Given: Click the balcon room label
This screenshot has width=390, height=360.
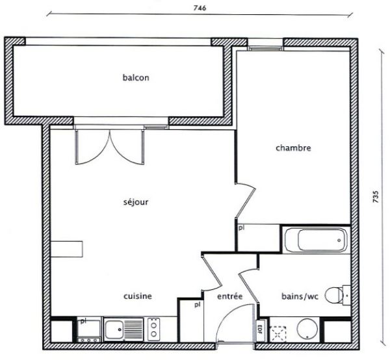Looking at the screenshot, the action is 136,77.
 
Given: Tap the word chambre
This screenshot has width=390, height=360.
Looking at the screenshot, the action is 293,148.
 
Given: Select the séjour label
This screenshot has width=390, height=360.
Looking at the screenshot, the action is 136,201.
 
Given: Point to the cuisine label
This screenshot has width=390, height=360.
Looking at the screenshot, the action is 138,296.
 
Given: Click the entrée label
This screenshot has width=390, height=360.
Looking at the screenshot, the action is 230,296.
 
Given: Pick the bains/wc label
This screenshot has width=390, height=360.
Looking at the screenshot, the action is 300,296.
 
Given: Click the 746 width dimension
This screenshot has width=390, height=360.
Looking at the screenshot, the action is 200,8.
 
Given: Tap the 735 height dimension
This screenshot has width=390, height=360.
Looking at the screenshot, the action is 376,196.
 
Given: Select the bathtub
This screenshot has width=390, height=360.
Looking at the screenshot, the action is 316,240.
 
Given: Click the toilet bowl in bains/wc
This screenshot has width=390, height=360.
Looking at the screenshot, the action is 334,296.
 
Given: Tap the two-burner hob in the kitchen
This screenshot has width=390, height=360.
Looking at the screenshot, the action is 153,329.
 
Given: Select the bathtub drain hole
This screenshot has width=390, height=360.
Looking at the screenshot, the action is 339,240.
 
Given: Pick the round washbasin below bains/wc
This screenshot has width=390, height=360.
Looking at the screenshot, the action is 307,329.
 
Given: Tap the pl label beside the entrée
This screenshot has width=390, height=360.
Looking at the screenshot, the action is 197,305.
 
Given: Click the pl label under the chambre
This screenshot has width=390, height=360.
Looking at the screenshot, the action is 241,227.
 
